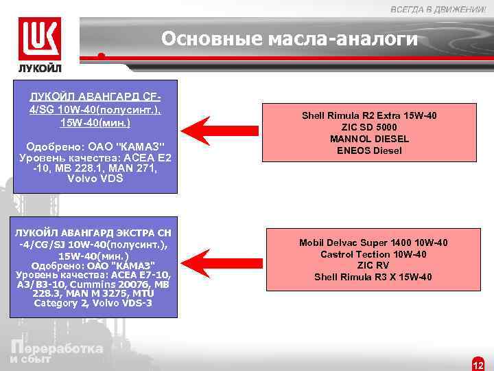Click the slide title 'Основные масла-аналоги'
[x=289, y=39]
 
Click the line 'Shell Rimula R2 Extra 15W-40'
[x=369, y=115]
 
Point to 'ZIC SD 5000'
[x=369, y=127]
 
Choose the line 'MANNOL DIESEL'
[x=369, y=139]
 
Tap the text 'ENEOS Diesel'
[x=369, y=150]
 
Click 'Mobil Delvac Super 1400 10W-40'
[x=373, y=243]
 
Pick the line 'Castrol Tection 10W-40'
[x=373, y=254]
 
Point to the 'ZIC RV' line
[x=373, y=266]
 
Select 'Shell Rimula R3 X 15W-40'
[x=373, y=278]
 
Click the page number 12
[x=479, y=365]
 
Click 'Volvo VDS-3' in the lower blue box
[x=94, y=303]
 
